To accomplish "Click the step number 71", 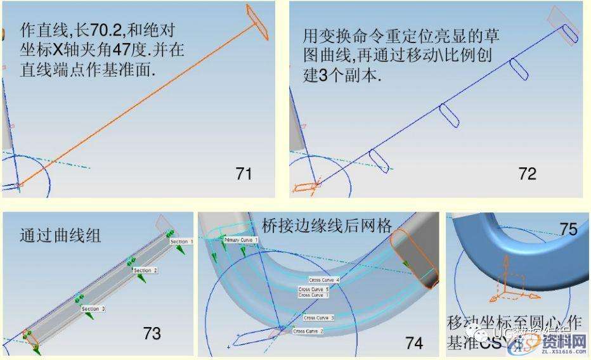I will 244,172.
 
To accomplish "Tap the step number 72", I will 527,173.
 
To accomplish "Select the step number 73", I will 152,333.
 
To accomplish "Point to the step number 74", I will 414,342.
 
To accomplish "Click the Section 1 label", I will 181,241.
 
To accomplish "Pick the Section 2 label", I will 145,270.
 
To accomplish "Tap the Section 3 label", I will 93,309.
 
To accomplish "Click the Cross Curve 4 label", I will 324,280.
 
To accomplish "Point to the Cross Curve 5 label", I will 313,289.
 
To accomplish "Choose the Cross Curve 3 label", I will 318,318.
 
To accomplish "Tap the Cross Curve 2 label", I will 308,331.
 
